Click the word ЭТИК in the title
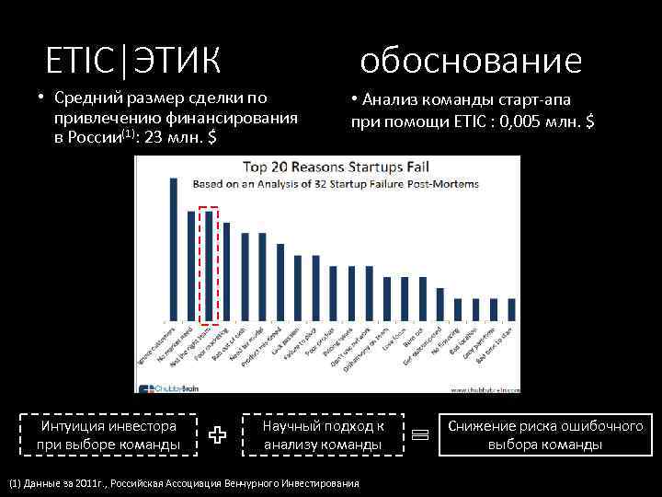(178, 61)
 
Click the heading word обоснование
(471, 61)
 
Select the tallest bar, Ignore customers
(174, 248)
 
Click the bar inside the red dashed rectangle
(209, 266)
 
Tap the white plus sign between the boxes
(217, 436)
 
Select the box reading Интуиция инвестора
(108, 435)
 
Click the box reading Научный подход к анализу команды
(323, 435)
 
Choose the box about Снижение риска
(545, 435)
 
